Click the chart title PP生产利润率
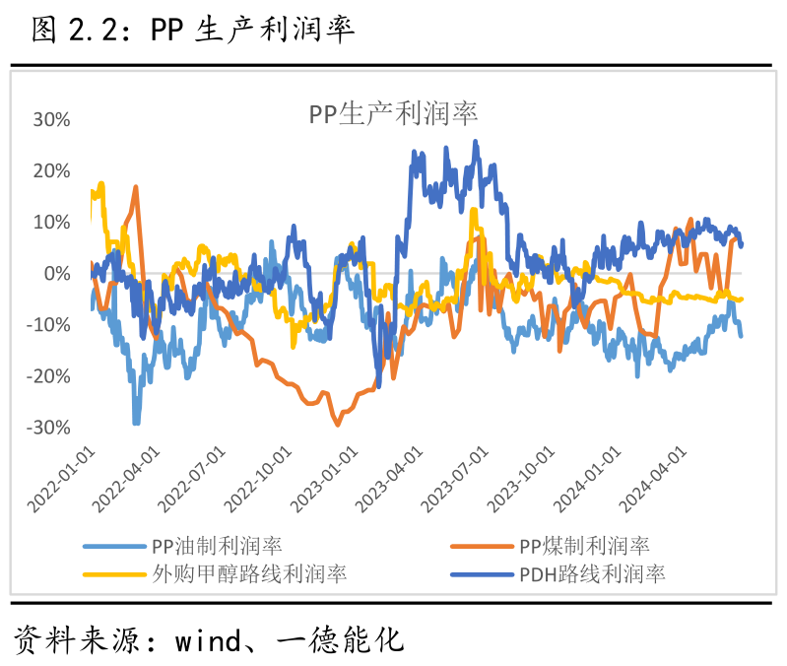click(x=393, y=113)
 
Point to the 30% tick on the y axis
click(x=51, y=120)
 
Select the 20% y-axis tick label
click(x=51, y=171)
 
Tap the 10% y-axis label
click(x=51, y=223)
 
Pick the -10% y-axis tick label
click(x=48, y=325)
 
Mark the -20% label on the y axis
click(x=48, y=376)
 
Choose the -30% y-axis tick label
click(x=48, y=428)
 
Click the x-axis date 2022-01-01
click(x=62, y=477)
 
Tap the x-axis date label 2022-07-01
click(x=193, y=477)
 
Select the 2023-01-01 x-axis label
click(x=325, y=477)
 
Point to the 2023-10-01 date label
click(x=522, y=477)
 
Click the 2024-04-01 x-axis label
click(x=653, y=477)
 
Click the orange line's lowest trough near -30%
click(x=338, y=424)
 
